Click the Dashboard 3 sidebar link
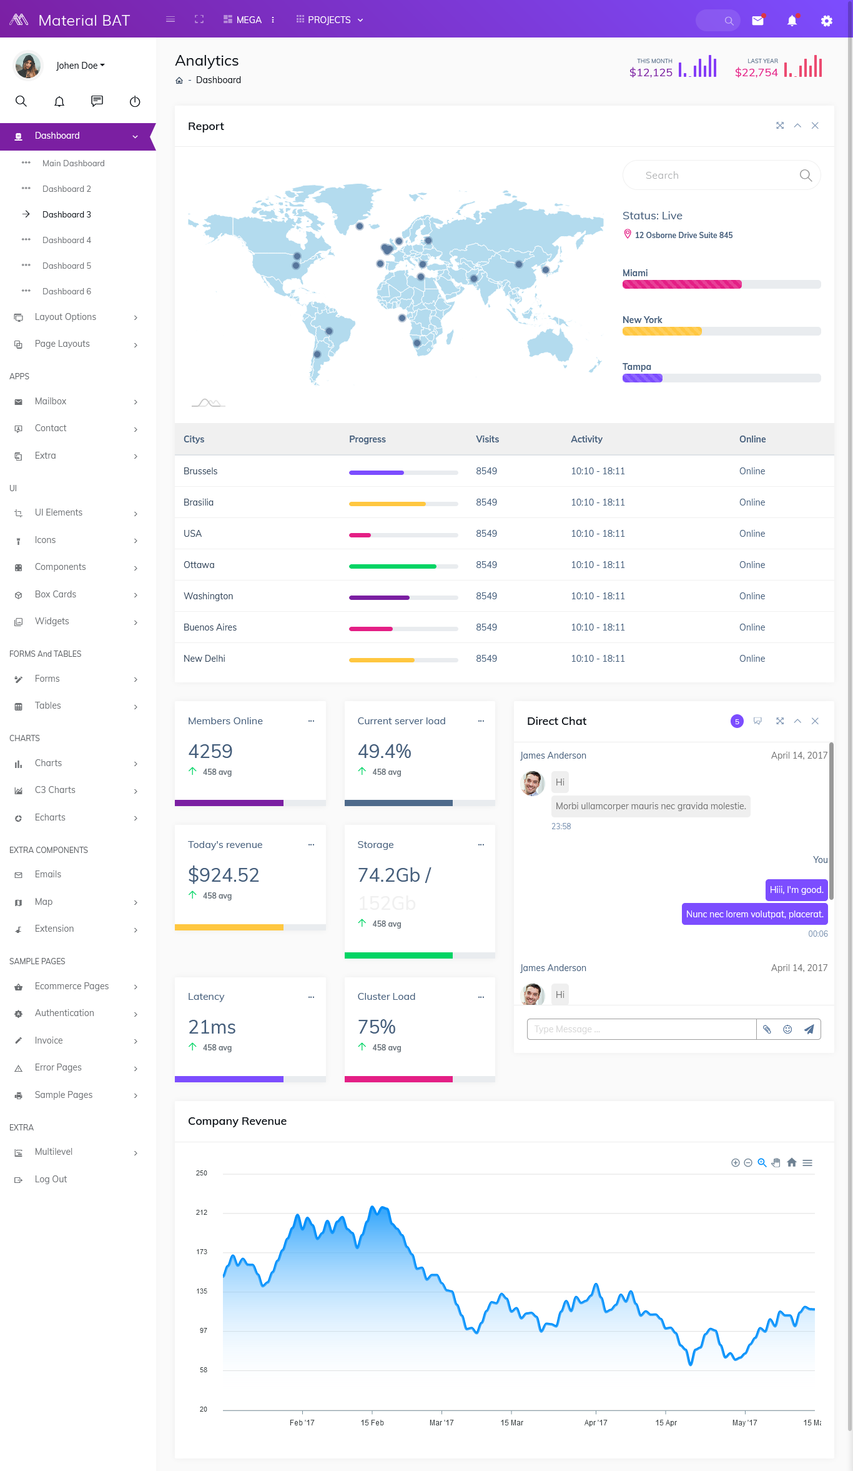click(67, 214)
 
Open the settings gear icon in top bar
click(826, 21)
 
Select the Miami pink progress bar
click(682, 284)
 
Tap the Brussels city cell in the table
click(200, 471)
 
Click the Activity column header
click(586, 439)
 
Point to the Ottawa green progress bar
click(393, 566)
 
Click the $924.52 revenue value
click(224, 875)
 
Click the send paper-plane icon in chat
click(809, 1029)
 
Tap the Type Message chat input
click(641, 1029)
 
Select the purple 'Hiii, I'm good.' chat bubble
click(796, 890)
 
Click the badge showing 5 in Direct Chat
click(737, 721)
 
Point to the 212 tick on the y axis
click(202, 1212)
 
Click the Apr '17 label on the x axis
click(595, 1422)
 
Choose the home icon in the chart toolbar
click(792, 1162)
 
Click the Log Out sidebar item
click(51, 1179)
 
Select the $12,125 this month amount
click(651, 72)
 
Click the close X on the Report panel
click(815, 126)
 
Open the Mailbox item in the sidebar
click(51, 401)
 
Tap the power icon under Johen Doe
click(135, 101)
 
